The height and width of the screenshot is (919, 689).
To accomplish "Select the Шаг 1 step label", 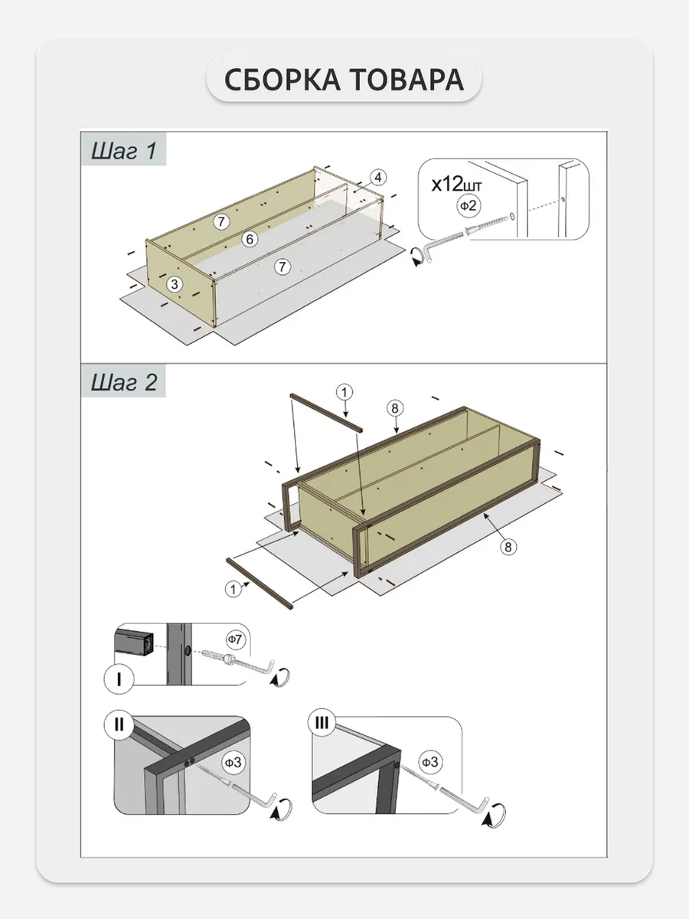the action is click(124, 151).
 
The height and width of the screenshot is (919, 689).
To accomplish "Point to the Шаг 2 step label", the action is click(124, 382).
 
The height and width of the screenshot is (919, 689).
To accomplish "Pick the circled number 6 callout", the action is click(249, 239).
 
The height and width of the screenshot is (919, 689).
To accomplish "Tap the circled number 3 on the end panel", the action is click(175, 283).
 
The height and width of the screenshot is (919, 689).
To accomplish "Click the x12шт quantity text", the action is click(458, 185).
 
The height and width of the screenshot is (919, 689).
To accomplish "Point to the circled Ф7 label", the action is click(234, 638).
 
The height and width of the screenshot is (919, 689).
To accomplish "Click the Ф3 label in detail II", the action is click(233, 762).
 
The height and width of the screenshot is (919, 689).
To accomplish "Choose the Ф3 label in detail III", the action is click(430, 762).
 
